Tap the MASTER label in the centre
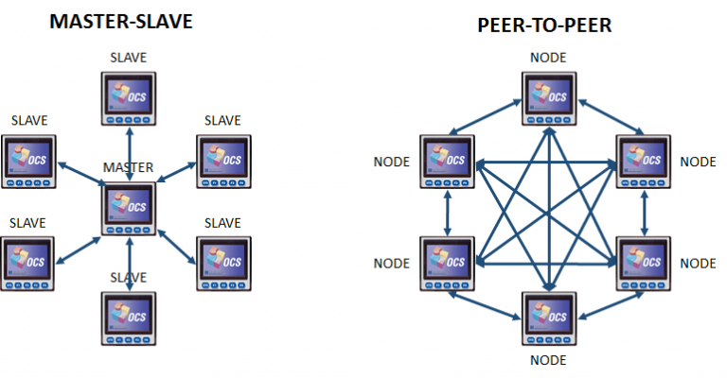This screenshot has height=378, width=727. click(128, 166)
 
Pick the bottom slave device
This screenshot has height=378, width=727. click(128, 321)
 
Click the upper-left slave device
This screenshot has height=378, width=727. click(28, 163)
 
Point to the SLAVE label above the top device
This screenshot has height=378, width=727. click(128, 58)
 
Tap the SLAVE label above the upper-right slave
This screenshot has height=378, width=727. click(223, 120)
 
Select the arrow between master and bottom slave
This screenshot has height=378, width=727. click(129, 265)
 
